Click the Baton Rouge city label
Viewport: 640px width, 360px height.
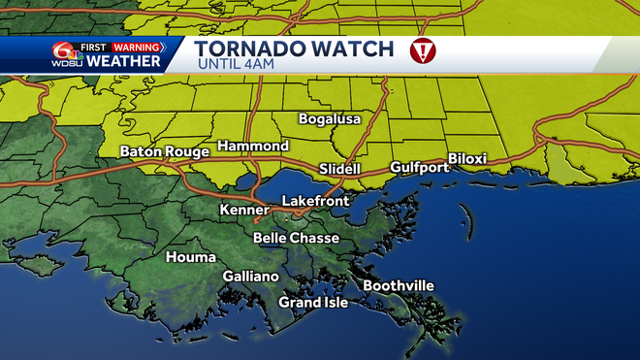click(164, 151)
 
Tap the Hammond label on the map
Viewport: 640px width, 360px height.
click(252, 146)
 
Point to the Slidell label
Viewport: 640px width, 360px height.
click(339, 169)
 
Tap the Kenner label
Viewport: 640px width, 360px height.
click(244, 210)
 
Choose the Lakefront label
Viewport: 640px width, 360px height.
click(315, 201)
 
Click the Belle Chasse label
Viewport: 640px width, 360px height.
click(296, 238)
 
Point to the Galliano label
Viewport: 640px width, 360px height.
click(250, 277)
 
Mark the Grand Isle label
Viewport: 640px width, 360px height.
click(313, 303)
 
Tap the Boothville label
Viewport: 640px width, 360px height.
click(399, 285)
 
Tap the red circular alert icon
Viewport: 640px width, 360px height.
click(424, 52)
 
